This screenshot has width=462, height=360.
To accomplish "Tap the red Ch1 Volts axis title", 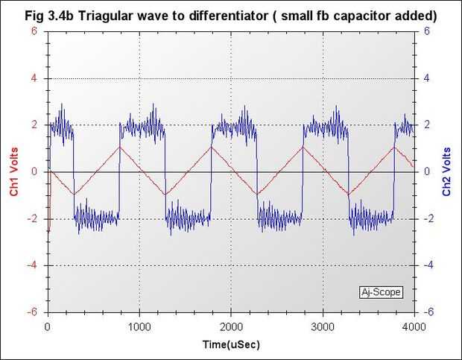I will (14, 171).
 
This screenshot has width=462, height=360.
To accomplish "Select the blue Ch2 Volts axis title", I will (447, 171).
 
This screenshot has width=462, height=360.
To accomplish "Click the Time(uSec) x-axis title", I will (230, 346).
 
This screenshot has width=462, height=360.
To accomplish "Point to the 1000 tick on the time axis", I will (139, 326).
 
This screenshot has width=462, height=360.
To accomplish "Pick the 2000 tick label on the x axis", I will (230, 326).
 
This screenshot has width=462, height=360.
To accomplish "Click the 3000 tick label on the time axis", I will (322, 326).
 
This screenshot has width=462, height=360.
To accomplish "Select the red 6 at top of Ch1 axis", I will (34, 31).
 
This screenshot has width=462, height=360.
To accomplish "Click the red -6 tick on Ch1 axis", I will (33, 312).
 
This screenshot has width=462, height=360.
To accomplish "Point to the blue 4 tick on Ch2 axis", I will (426, 78).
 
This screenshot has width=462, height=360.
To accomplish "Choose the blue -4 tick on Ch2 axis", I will (428, 265).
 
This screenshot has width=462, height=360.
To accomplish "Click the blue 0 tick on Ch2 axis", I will (426, 171).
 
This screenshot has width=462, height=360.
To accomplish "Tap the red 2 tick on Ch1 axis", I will (34, 125).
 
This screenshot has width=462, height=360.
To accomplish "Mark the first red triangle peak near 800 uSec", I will (121, 146).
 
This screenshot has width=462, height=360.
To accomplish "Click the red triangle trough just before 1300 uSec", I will (165, 195).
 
